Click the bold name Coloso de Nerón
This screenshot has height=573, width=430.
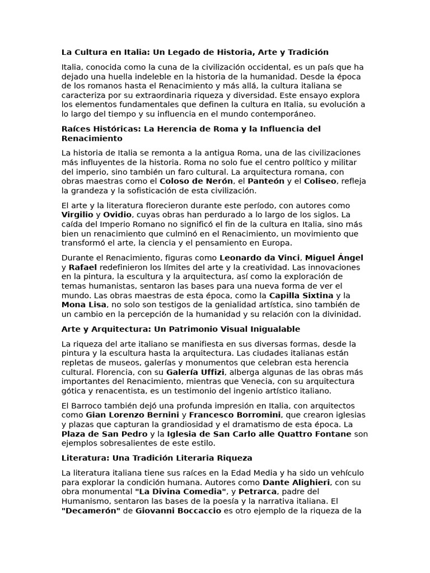pyautogui.click(x=196, y=181)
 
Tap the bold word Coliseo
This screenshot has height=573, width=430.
pyautogui.click(x=320, y=181)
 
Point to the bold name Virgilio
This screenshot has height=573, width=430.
pyautogui.click(x=78, y=215)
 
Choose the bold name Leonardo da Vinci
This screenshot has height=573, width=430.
pyautogui.click(x=260, y=258)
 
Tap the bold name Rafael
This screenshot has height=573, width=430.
pyautogui.click(x=83, y=267)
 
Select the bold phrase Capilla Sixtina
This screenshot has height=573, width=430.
pyautogui.click(x=301, y=295)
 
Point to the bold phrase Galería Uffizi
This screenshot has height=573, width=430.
pyautogui.click(x=195, y=372)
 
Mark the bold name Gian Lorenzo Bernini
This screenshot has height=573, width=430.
pyautogui.click(x=132, y=415)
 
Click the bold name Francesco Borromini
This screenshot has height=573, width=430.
pyautogui.click(x=235, y=415)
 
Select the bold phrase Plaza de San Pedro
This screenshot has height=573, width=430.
pyautogui.click(x=104, y=434)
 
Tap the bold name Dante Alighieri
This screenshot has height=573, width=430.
pyautogui.click(x=296, y=482)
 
